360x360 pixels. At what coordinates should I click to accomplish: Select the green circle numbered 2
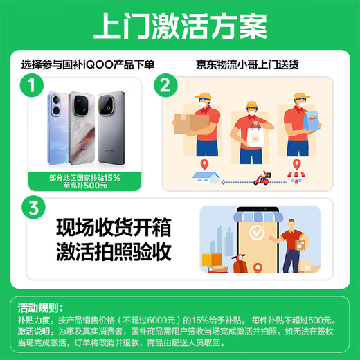pyautogui.click(x=165, y=86)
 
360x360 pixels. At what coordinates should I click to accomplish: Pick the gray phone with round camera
pyautogui.click(x=111, y=125)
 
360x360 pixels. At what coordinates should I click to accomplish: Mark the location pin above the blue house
pyautogui.click(x=205, y=164)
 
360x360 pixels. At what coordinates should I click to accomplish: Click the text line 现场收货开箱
pyautogui.click(x=114, y=226)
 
